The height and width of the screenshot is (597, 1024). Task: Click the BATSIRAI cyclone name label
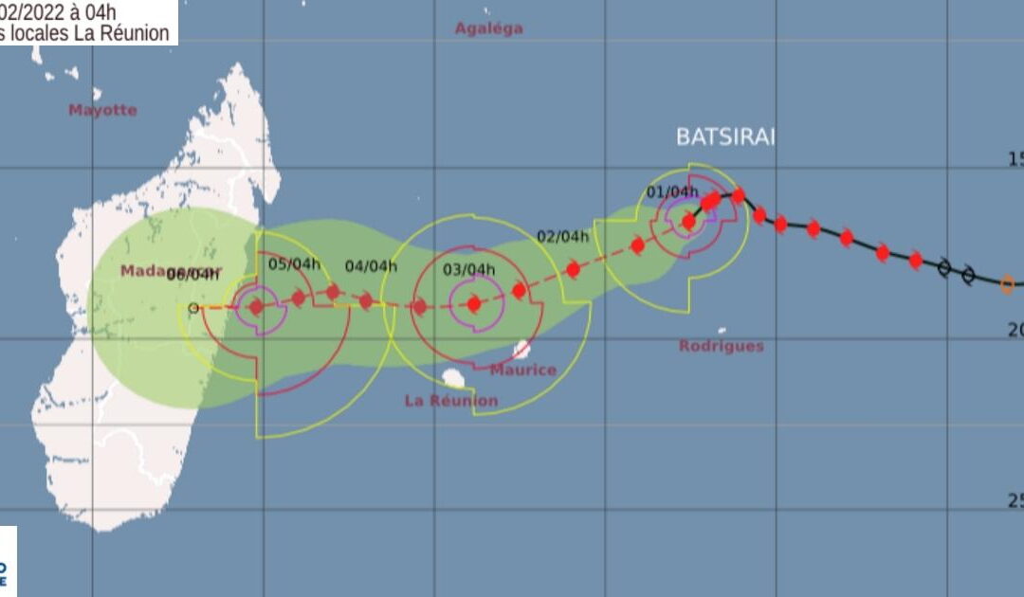click(725, 136)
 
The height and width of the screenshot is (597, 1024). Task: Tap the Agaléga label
click(488, 28)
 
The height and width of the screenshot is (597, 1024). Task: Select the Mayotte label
click(102, 110)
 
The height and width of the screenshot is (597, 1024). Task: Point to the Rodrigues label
click(722, 346)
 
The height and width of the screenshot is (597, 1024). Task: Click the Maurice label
click(523, 370)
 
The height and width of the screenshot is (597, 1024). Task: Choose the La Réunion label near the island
click(451, 401)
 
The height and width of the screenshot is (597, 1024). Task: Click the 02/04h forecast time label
click(563, 236)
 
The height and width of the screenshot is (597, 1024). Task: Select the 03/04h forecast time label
click(469, 270)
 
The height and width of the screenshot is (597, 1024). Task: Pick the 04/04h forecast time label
click(371, 266)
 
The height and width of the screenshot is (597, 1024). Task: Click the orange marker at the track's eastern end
click(1007, 282)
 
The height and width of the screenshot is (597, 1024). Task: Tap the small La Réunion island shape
click(453, 379)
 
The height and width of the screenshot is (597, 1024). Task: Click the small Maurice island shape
click(522, 350)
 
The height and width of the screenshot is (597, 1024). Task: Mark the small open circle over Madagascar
click(193, 307)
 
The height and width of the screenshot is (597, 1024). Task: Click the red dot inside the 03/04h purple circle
click(474, 304)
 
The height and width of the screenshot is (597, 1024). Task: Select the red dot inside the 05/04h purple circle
click(255, 306)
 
